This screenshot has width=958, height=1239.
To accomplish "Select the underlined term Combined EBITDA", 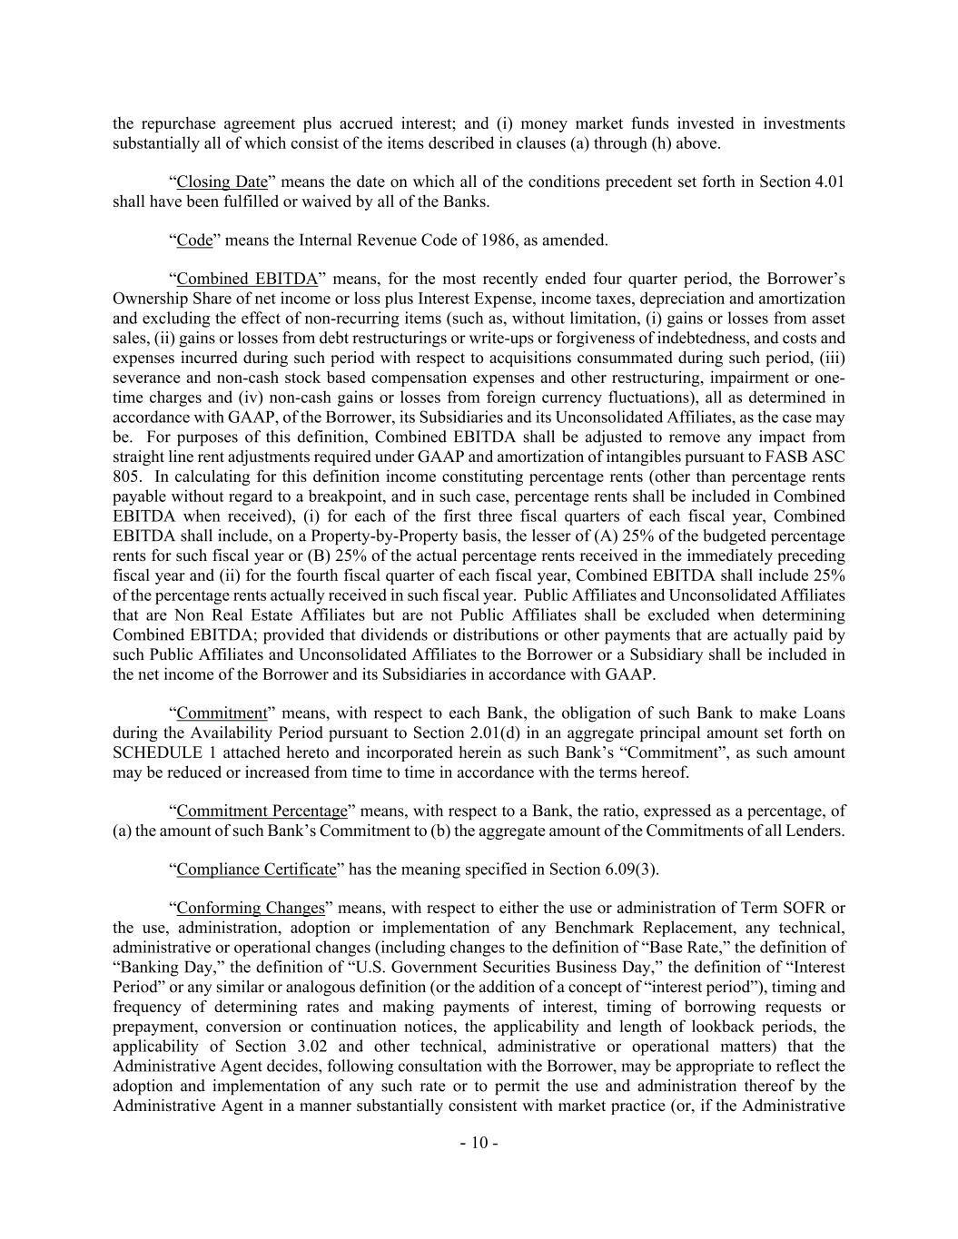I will tap(247, 280).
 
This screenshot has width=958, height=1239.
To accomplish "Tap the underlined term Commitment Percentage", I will tap(262, 811).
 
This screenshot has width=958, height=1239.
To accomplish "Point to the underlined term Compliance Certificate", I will tap(256, 870).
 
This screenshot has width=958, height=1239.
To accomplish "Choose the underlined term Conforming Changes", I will tap(251, 909).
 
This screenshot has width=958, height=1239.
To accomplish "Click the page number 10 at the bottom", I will tap(479, 1143).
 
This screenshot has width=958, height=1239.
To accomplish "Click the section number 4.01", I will tap(830, 182).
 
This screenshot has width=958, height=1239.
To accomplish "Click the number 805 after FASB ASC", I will tap(125, 477).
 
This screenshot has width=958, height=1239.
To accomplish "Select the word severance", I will tap(145, 378).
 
